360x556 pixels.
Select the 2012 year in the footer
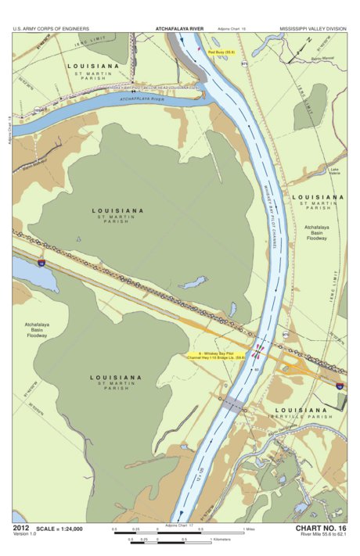pyautogui.click(x=21, y=529)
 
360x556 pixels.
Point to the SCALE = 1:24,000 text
pyautogui.click(x=59, y=529)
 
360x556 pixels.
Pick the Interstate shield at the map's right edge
pyautogui.click(x=339, y=386)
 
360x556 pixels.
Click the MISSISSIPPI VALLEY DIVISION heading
pyautogui.click(x=312, y=30)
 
